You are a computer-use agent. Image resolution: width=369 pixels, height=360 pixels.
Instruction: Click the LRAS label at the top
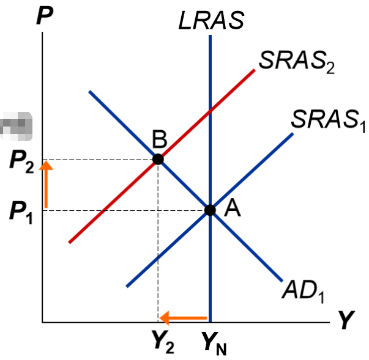211,20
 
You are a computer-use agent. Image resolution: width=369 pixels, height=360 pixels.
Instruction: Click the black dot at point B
158,159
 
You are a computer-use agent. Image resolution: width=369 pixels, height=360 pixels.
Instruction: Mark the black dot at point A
210,210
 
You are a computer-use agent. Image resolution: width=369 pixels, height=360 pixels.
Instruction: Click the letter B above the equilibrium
160,140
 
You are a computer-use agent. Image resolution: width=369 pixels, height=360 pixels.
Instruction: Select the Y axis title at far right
347,320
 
